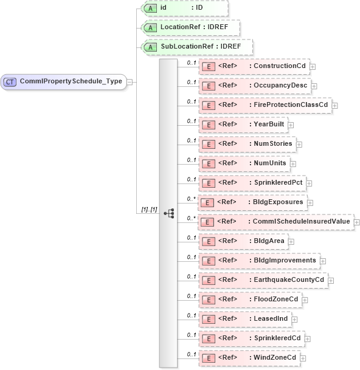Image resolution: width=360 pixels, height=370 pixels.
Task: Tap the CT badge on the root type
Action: tap(10, 81)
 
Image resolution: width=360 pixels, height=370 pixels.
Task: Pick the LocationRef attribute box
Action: tap(190, 28)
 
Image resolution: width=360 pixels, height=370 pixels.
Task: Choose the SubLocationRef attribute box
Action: tap(196, 47)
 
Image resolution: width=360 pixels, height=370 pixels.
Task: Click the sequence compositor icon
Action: tap(168, 213)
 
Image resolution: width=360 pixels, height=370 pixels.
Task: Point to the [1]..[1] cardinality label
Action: tap(149, 210)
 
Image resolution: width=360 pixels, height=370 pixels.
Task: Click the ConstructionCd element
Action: tap(255, 66)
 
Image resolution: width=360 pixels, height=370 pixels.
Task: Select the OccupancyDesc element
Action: tap(255, 86)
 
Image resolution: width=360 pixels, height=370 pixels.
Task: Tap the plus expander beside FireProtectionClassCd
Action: tap(335, 105)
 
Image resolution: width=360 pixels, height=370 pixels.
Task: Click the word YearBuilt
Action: tap(269, 125)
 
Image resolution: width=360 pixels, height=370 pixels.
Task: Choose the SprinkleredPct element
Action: tap(253, 183)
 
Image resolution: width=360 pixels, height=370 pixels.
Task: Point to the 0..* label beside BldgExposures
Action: tap(191, 199)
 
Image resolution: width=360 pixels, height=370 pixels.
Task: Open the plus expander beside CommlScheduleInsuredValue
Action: tap(356, 222)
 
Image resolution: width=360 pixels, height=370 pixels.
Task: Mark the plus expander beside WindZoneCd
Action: tap(302, 358)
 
